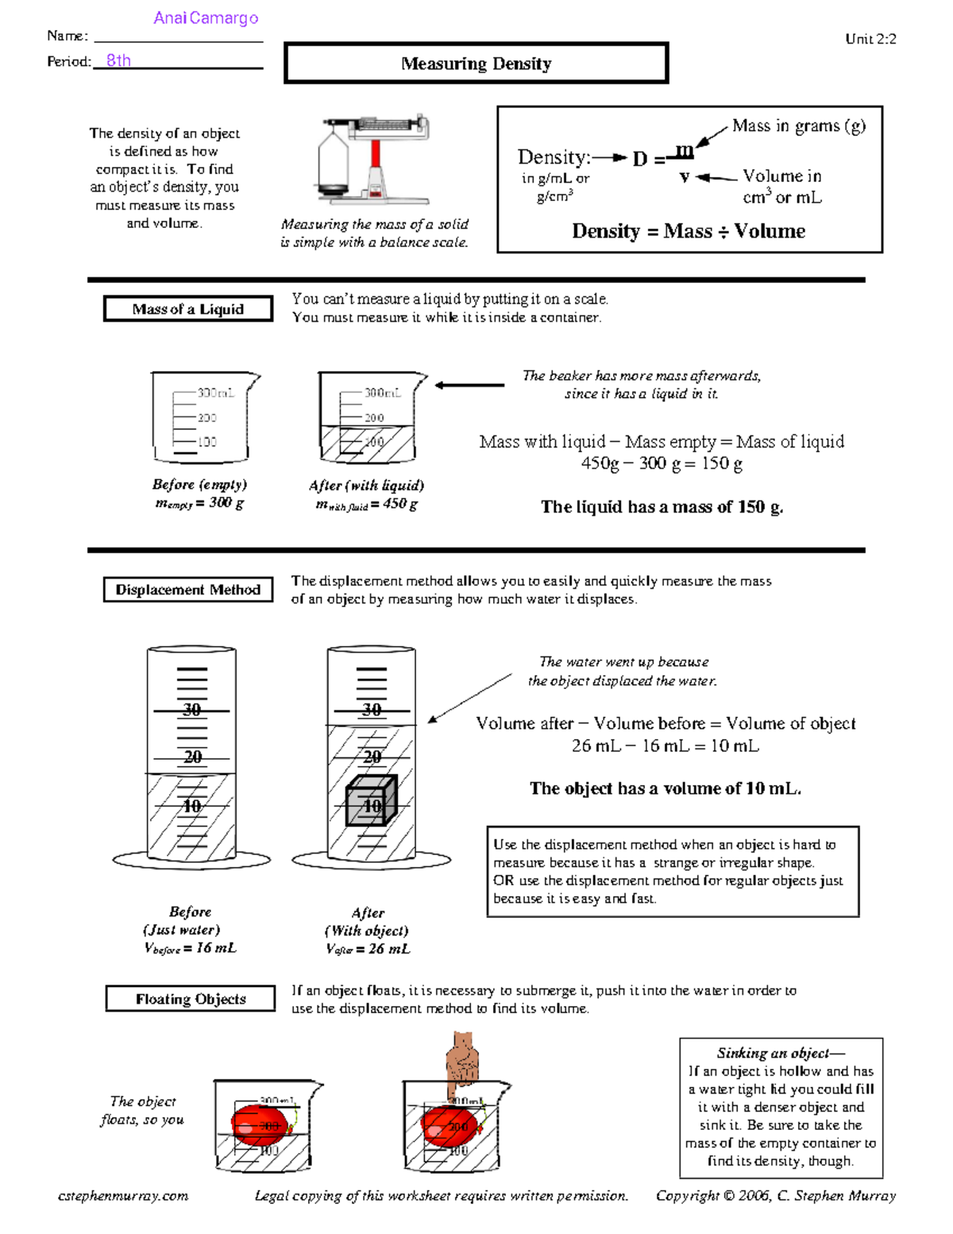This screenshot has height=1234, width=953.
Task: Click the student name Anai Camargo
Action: tap(206, 18)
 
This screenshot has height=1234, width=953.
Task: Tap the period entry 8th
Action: tap(118, 60)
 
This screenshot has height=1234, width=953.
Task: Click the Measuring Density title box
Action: tap(476, 64)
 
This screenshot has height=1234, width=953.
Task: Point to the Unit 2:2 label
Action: tap(870, 39)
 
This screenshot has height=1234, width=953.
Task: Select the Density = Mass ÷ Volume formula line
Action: tap(689, 231)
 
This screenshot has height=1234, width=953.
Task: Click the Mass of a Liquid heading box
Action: tap(188, 309)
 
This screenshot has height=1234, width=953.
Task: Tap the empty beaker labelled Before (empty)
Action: tap(203, 417)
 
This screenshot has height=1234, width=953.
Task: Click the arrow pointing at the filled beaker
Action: tap(469, 385)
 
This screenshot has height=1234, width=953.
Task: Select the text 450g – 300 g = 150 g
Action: tap(662, 463)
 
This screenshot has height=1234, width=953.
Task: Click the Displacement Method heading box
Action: tap(188, 590)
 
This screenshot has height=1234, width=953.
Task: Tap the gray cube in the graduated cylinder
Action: tap(371, 802)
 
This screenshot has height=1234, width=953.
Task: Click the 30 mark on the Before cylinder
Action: tap(192, 710)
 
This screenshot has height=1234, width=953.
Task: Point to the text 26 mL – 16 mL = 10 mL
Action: tap(665, 746)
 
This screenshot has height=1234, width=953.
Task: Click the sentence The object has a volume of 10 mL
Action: tap(666, 788)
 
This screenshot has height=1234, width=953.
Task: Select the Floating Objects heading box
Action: tap(191, 999)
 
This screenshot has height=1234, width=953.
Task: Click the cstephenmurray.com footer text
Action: tap(123, 1196)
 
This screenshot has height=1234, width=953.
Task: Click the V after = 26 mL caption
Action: tap(368, 949)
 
